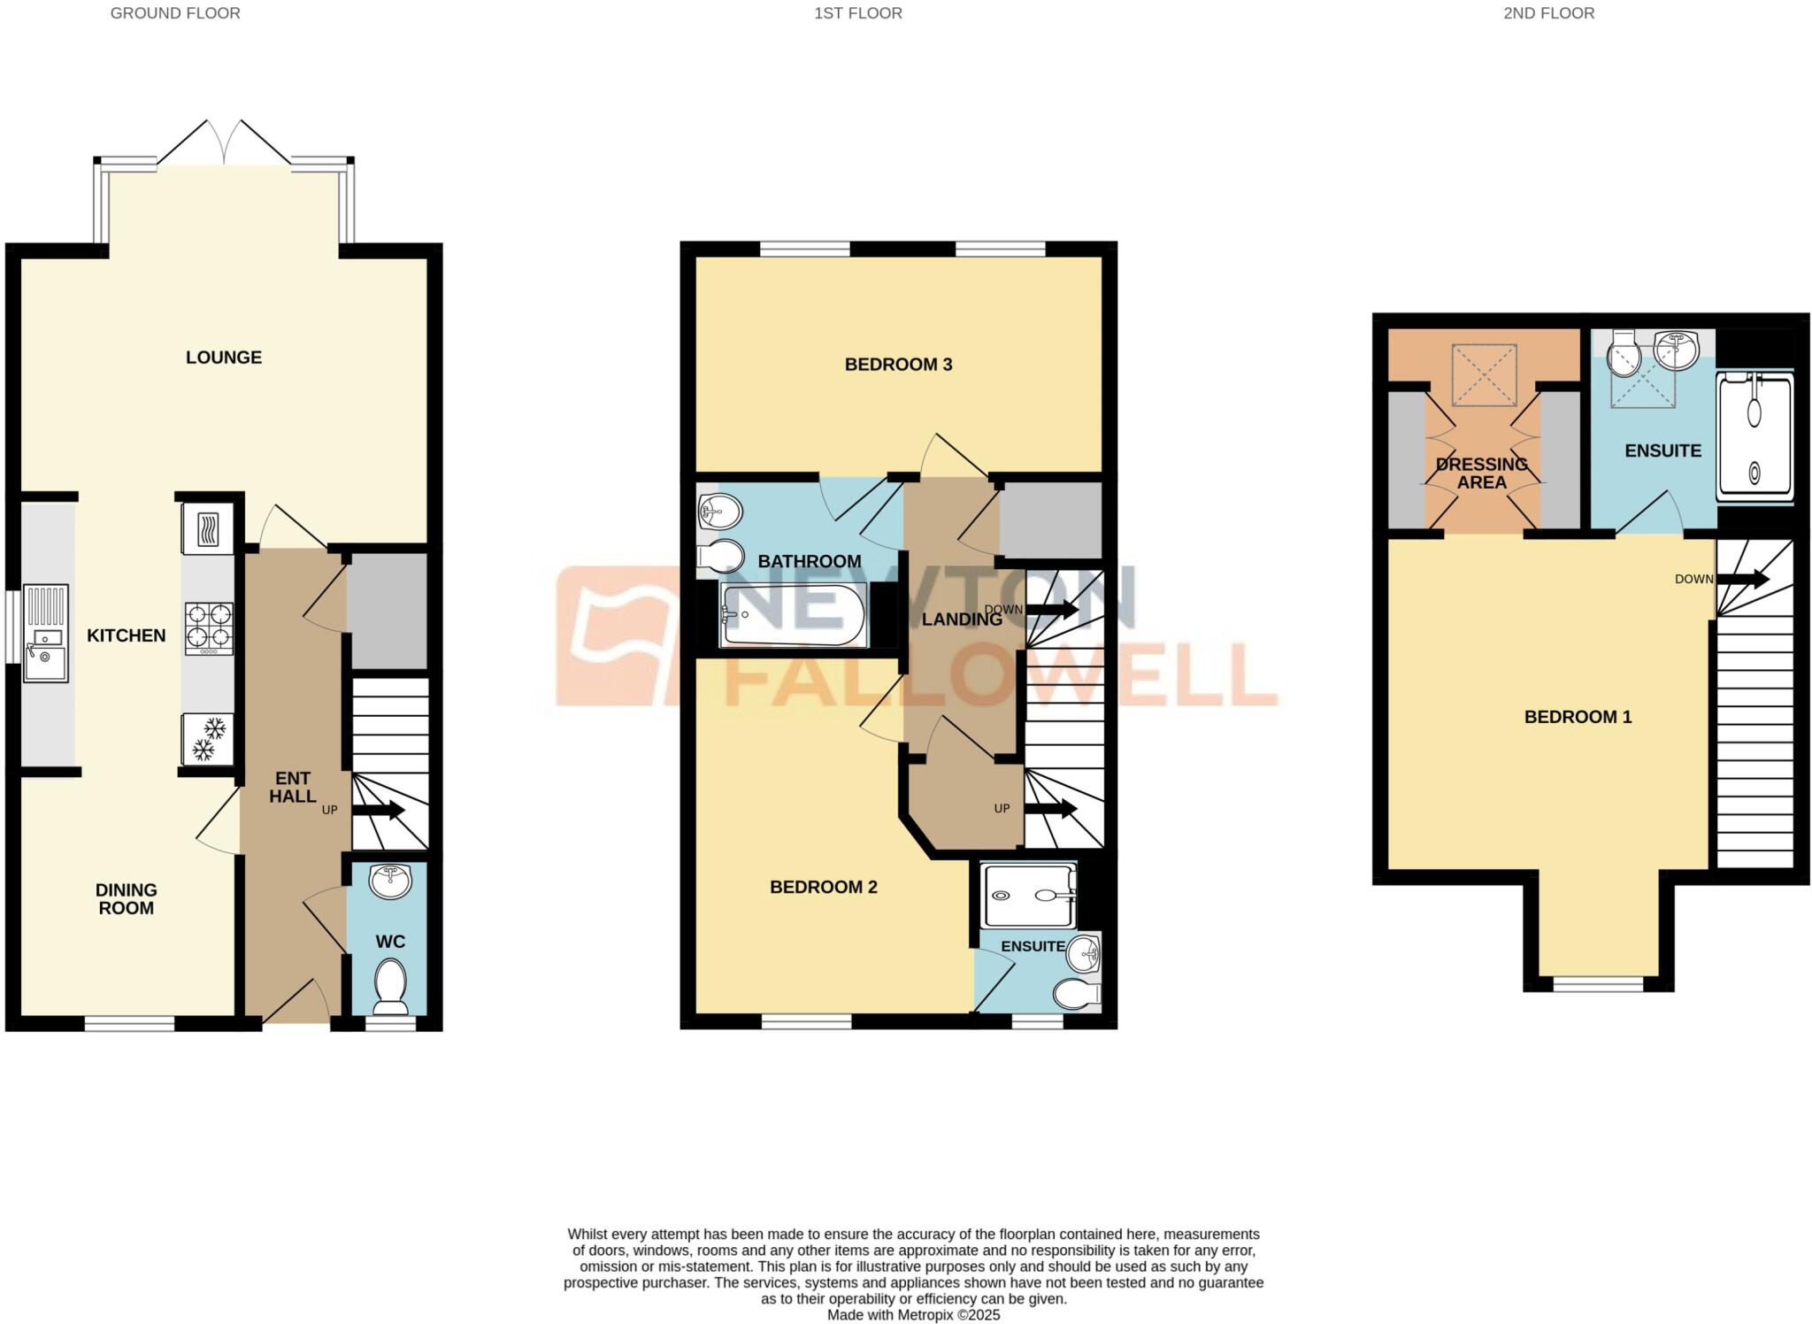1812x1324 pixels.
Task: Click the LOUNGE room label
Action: click(x=224, y=358)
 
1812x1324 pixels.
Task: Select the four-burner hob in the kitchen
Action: click(x=209, y=628)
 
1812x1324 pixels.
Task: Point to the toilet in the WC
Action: click(x=390, y=986)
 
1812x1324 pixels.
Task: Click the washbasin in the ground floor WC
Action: click(x=390, y=881)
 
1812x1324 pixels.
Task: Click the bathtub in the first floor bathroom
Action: click(x=793, y=615)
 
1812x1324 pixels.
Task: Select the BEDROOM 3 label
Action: click(x=898, y=365)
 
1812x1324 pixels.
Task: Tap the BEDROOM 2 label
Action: click(x=823, y=887)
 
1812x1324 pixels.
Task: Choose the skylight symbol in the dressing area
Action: click(x=1484, y=376)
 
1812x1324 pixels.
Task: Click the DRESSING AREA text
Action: click(x=1481, y=473)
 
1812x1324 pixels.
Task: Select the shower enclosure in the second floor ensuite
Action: click(x=1754, y=438)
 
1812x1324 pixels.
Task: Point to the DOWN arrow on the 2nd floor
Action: click(x=1743, y=580)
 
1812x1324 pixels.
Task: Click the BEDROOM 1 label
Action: click(x=1578, y=717)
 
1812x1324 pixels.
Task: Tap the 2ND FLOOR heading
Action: click(x=1548, y=13)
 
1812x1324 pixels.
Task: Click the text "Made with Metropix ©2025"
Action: click(x=913, y=1315)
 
